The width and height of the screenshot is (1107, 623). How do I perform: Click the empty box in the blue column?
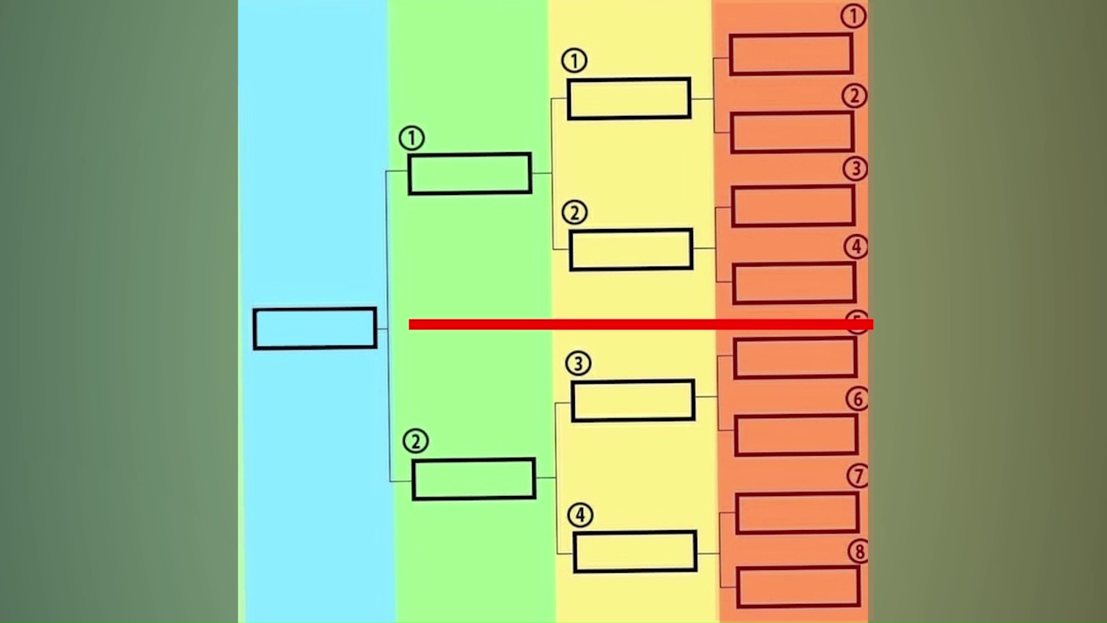tap(315, 328)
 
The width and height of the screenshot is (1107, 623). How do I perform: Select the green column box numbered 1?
tap(469, 174)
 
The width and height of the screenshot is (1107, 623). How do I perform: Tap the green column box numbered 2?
tap(473, 479)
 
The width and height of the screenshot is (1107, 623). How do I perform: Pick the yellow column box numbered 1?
tap(629, 99)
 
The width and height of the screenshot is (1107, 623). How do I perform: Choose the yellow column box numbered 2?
tap(631, 250)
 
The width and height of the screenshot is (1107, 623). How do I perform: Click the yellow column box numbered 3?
tap(633, 400)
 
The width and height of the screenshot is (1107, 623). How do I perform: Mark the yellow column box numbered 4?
tap(635, 552)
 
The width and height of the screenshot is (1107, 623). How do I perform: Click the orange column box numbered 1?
tap(791, 54)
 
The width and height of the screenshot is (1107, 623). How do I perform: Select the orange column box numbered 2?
tap(792, 132)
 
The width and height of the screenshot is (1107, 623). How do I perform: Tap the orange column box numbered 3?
tap(793, 206)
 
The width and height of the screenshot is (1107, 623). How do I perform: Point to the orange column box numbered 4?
tap(795, 283)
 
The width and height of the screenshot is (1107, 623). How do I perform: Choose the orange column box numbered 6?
tap(796, 435)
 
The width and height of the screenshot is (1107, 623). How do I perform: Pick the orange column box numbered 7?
tap(797, 513)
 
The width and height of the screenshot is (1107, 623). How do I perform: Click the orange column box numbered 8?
tap(799, 587)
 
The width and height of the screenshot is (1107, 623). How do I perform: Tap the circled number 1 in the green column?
tap(412, 138)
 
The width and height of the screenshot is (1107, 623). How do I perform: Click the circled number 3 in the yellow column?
tap(578, 363)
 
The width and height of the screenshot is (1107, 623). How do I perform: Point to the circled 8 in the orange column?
tap(859, 551)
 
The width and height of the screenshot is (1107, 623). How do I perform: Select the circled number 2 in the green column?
tap(416, 441)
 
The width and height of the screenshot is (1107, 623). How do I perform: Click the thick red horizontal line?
tap(634, 325)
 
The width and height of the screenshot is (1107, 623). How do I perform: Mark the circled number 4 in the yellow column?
tap(580, 515)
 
